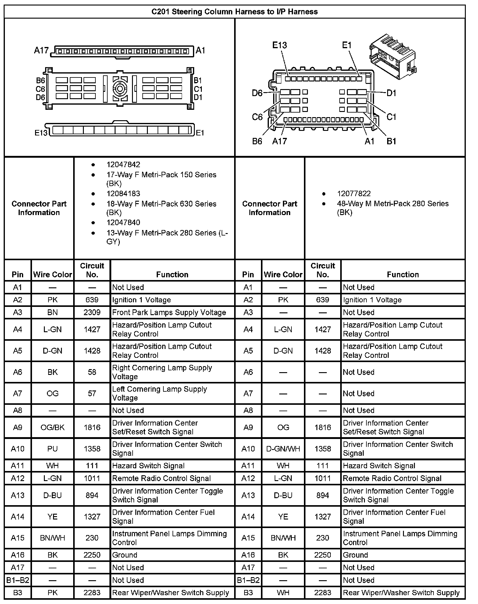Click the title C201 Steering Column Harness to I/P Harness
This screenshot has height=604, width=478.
click(x=234, y=12)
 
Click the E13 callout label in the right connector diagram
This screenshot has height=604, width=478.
click(x=279, y=45)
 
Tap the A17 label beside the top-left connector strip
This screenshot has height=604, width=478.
click(x=41, y=50)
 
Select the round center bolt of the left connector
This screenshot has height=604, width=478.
click(x=120, y=89)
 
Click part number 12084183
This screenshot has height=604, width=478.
click(x=123, y=194)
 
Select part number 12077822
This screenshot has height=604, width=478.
click(x=354, y=194)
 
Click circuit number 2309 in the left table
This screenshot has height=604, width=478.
click(x=92, y=312)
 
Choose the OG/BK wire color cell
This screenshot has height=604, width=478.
click(x=52, y=427)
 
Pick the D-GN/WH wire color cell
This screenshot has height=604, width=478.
click(x=283, y=449)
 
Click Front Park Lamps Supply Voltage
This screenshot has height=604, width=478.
click(x=169, y=312)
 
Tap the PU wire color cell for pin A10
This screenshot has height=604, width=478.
click(x=52, y=449)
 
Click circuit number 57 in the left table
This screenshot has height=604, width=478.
click(x=92, y=394)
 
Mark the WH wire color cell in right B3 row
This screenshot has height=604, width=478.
click(x=283, y=593)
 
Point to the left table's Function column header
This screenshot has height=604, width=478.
click(x=172, y=275)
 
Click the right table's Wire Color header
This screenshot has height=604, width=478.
click(x=283, y=275)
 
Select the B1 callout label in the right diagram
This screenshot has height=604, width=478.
click(x=391, y=141)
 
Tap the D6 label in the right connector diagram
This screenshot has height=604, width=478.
click(x=257, y=93)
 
